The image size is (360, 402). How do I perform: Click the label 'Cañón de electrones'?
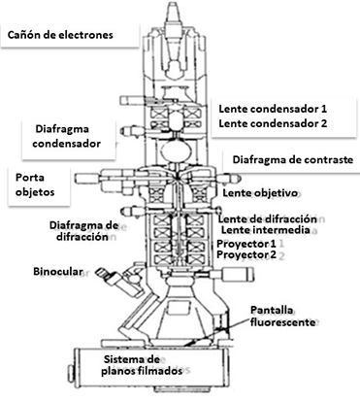coord(59,35)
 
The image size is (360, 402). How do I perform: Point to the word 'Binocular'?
coord(62,269)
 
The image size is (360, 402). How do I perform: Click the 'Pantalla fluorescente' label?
coord(278,318)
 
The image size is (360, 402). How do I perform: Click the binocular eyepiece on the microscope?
coord(117,287)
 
